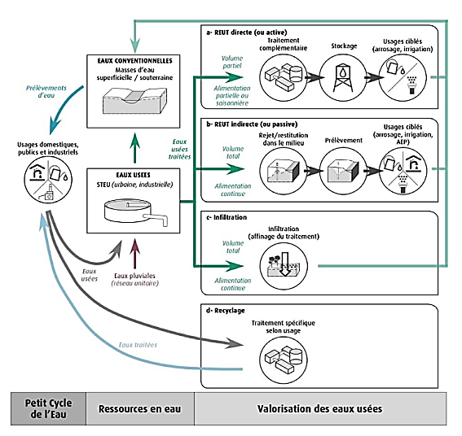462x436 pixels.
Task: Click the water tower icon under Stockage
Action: point(343,77)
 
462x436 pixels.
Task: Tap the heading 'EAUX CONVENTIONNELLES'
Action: point(134,61)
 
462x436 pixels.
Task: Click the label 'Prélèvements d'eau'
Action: point(46,91)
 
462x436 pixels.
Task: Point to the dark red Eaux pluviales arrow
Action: point(135,254)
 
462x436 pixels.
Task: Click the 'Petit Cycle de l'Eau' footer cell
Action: point(49,408)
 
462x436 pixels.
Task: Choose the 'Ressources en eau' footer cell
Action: point(140,408)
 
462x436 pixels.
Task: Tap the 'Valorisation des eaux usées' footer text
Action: point(319,408)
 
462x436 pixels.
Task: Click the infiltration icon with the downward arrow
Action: point(284,266)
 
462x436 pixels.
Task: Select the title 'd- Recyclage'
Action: point(226,311)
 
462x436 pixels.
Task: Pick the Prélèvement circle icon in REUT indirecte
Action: point(343,171)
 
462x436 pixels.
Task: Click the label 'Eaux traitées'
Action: point(138,345)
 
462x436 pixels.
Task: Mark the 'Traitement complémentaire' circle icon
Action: point(284,77)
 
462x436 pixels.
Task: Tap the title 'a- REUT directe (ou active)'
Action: point(246,33)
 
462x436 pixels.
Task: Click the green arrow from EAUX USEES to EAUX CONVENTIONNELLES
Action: point(135,148)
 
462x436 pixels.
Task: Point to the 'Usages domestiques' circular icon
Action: point(48,180)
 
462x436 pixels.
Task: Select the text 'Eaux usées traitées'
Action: point(179,149)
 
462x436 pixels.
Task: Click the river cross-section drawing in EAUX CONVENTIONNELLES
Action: point(134,100)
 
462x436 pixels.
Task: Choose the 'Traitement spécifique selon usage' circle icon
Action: point(284,360)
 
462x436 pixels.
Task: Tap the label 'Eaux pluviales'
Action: point(134,276)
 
